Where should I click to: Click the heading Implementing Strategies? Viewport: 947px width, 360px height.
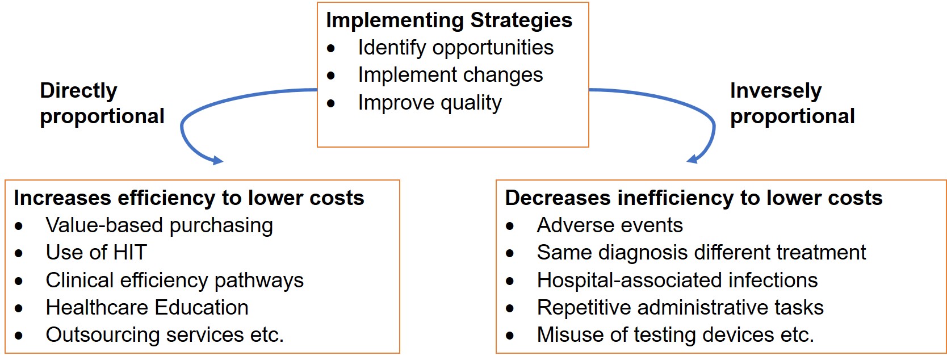(x=449, y=21)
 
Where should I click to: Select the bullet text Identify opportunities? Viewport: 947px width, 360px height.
(x=456, y=47)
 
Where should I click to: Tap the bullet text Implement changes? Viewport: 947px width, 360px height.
(x=450, y=75)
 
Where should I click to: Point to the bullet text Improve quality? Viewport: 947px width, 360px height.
(x=430, y=103)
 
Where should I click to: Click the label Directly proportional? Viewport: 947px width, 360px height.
(x=102, y=103)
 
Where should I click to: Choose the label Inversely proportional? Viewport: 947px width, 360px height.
(x=792, y=103)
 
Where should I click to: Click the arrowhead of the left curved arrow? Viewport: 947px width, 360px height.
(x=217, y=160)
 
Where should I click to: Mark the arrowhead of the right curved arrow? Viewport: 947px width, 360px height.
(x=692, y=159)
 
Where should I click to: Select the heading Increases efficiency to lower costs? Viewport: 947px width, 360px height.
(x=189, y=198)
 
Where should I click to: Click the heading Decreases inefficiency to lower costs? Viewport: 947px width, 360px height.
(x=694, y=198)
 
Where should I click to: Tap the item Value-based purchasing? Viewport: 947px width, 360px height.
(x=160, y=225)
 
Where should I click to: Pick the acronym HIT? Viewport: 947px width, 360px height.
(x=130, y=253)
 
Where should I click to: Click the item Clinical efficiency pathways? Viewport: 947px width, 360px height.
(x=175, y=281)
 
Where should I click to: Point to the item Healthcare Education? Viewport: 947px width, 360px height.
(x=147, y=308)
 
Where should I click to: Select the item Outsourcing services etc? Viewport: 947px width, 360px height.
(x=165, y=335)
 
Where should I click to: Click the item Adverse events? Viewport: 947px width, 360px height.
(x=610, y=225)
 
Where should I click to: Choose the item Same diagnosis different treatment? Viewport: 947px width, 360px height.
(x=701, y=253)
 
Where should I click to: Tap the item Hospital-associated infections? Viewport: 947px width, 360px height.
(x=677, y=280)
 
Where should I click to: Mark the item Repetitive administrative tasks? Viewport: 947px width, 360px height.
(x=680, y=308)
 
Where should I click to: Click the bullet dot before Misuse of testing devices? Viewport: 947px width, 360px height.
(x=510, y=336)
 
